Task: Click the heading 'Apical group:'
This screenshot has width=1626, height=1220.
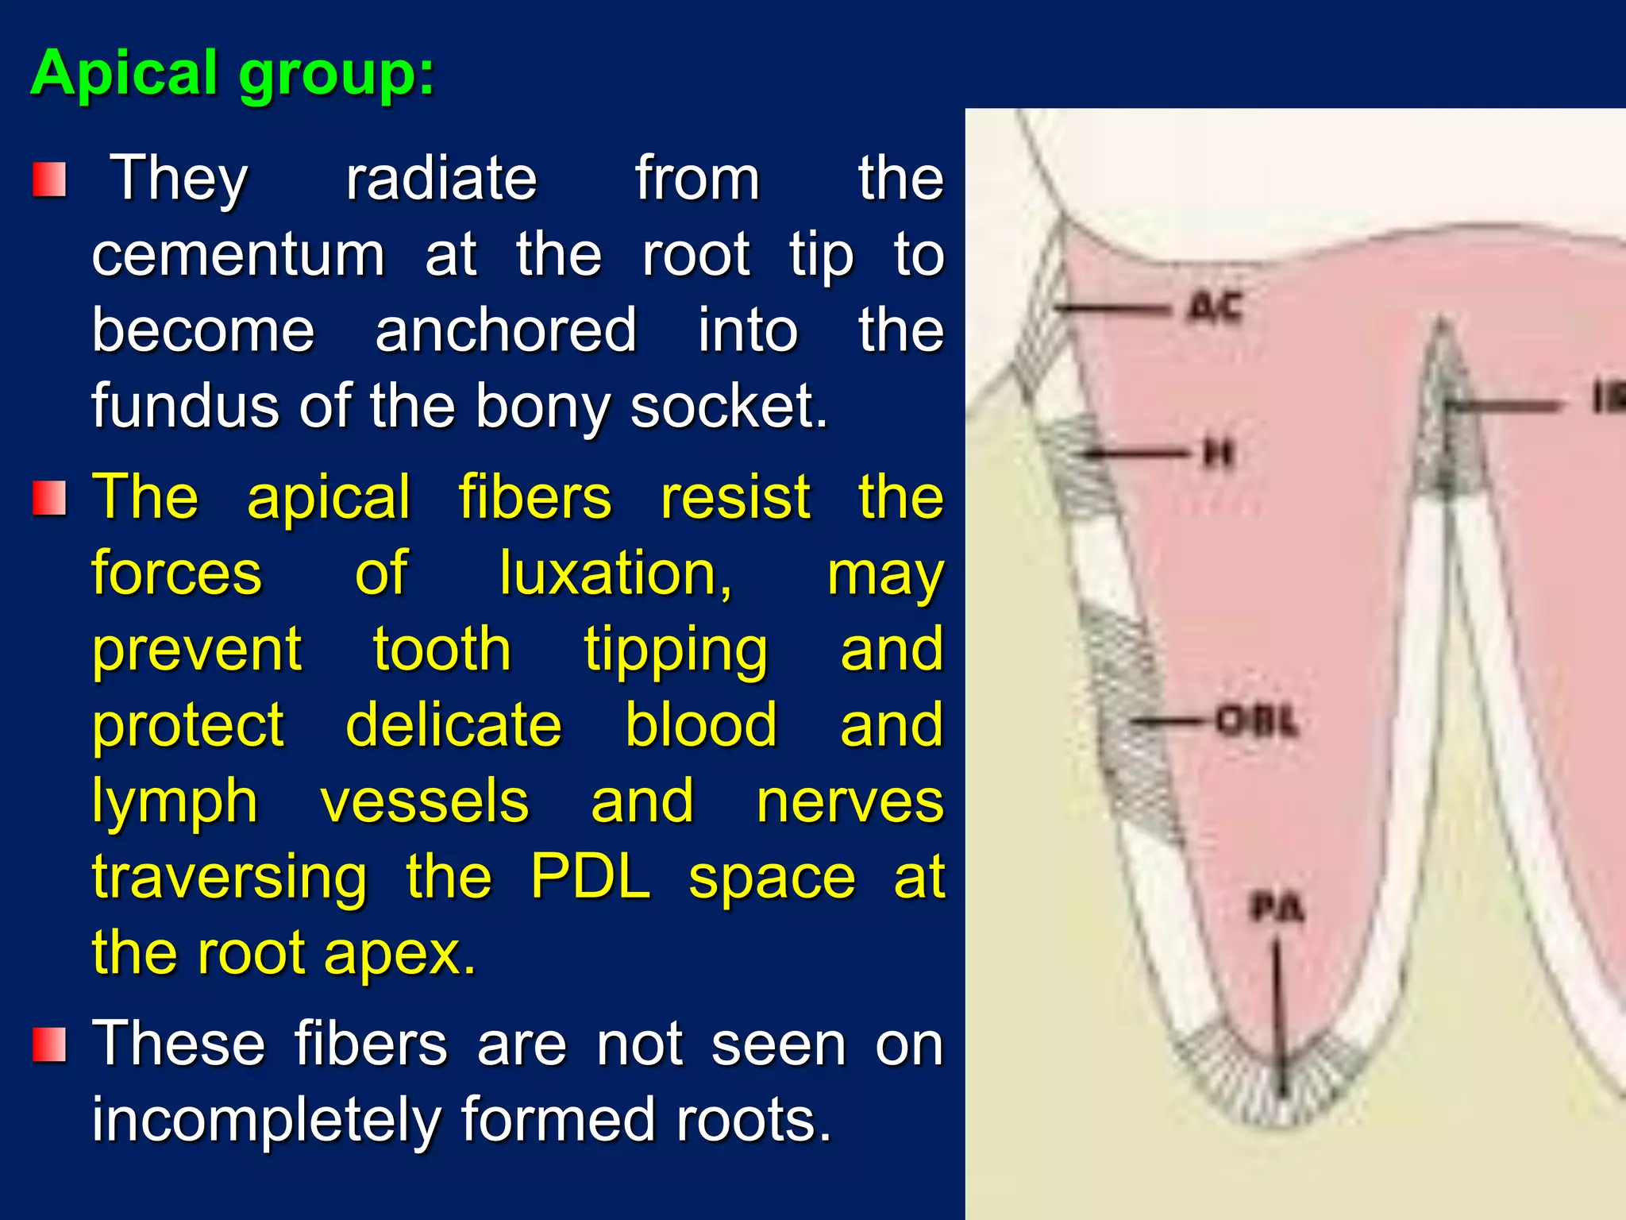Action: click(x=232, y=73)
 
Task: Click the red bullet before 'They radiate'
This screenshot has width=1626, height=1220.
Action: click(x=49, y=180)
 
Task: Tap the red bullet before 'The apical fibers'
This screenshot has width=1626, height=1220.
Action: click(x=49, y=499)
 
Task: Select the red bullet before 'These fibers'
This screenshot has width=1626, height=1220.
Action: click(x=49, y=1044)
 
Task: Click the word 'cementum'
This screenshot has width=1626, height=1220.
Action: click(x=238, y=256)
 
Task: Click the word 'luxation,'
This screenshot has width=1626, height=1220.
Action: click(x=615, y=573)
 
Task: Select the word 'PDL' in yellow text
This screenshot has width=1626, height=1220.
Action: click(x=591, y=878)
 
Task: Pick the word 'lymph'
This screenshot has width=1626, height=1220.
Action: click(x=175, y=802)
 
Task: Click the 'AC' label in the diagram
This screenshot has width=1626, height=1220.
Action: click(x=1215, y=308)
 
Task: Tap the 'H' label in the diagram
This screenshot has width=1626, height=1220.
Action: click(x=1219, y=454)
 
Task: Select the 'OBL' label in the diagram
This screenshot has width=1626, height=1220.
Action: click(x=1257, y=721)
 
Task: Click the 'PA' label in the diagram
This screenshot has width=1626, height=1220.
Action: click(x=1277, y=908)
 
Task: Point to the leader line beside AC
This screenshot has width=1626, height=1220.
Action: click(x=1112, y=308)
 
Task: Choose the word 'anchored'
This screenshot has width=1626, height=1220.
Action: click(x=506, y=331)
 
